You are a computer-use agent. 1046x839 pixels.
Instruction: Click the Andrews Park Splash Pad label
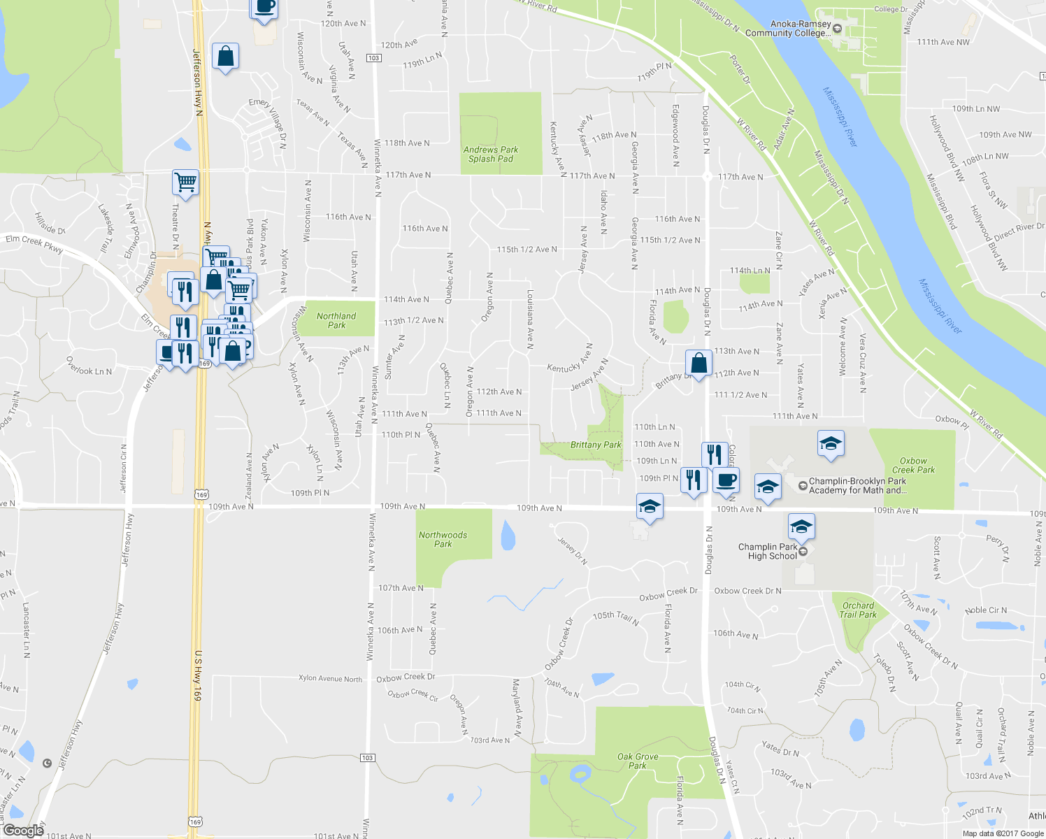[x=490, y=155]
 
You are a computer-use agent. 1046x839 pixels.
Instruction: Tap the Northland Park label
[x=336, y=320]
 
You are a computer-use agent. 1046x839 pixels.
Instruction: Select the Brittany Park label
[x=596, y=445]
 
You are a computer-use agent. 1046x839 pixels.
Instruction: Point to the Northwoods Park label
[x=443, y=539]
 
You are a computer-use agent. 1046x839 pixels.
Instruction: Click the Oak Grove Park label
[x=638, y=761]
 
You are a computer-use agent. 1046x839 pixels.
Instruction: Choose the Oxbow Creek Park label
[x=913, y=466]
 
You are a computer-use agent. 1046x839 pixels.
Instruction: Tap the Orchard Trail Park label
[x=858, y=610]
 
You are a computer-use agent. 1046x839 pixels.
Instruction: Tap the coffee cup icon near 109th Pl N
[x=727, y=480]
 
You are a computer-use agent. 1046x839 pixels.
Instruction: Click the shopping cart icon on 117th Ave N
[x=185, y=182]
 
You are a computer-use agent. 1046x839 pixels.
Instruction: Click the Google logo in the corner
[x=23, y=831]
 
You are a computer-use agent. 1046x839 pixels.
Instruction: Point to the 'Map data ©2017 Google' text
[x=1003, y=833]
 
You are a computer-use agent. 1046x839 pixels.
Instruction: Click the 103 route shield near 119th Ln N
[x=374, y=57]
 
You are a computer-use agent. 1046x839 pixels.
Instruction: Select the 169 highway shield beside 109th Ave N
[x=202, y=495]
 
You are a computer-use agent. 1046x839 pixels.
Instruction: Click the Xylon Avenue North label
[x=330, y=678]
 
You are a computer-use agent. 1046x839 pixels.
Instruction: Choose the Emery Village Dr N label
[x=268, y=122]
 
